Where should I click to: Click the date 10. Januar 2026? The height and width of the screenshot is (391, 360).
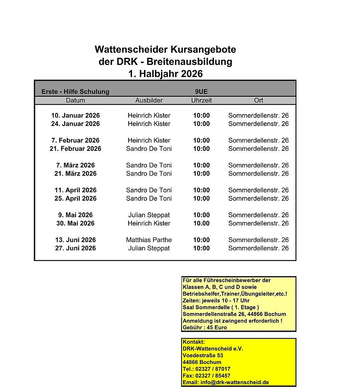tap(75, 116)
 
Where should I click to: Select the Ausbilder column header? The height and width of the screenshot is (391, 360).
tap(149, 101)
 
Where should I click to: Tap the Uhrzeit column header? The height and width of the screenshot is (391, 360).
tap(201, 101)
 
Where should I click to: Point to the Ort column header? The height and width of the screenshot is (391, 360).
tap(258, 101)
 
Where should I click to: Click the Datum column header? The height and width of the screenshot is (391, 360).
tap(75, 101)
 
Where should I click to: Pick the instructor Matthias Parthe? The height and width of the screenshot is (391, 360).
tap(149, 240)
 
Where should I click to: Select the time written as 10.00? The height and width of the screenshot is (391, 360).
tap(201, 223)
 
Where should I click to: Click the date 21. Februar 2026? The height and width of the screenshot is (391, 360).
tap(75, 149)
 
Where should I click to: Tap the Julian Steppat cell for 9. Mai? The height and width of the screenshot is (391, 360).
tap(149, 215)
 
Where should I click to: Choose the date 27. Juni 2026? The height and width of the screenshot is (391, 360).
tap(75, 248)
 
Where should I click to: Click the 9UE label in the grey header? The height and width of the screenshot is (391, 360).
tap(201, 92)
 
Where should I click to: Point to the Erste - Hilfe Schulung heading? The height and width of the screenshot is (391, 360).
tap(75, 92)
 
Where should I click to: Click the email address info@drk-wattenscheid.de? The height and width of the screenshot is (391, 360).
tap(225, 382)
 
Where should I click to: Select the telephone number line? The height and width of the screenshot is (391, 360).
tap(207, 369)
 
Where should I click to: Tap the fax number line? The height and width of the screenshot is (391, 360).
tap(207, 376)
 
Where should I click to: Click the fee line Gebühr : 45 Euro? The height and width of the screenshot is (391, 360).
tap(205, 328)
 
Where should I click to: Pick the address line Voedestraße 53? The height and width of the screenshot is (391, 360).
tap(203, 355)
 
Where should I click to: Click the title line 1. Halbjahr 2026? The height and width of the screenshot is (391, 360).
tap(165, 74)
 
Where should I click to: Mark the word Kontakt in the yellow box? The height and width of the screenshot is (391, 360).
tap(194, 342)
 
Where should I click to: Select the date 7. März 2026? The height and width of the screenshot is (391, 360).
tap(75, 165)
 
